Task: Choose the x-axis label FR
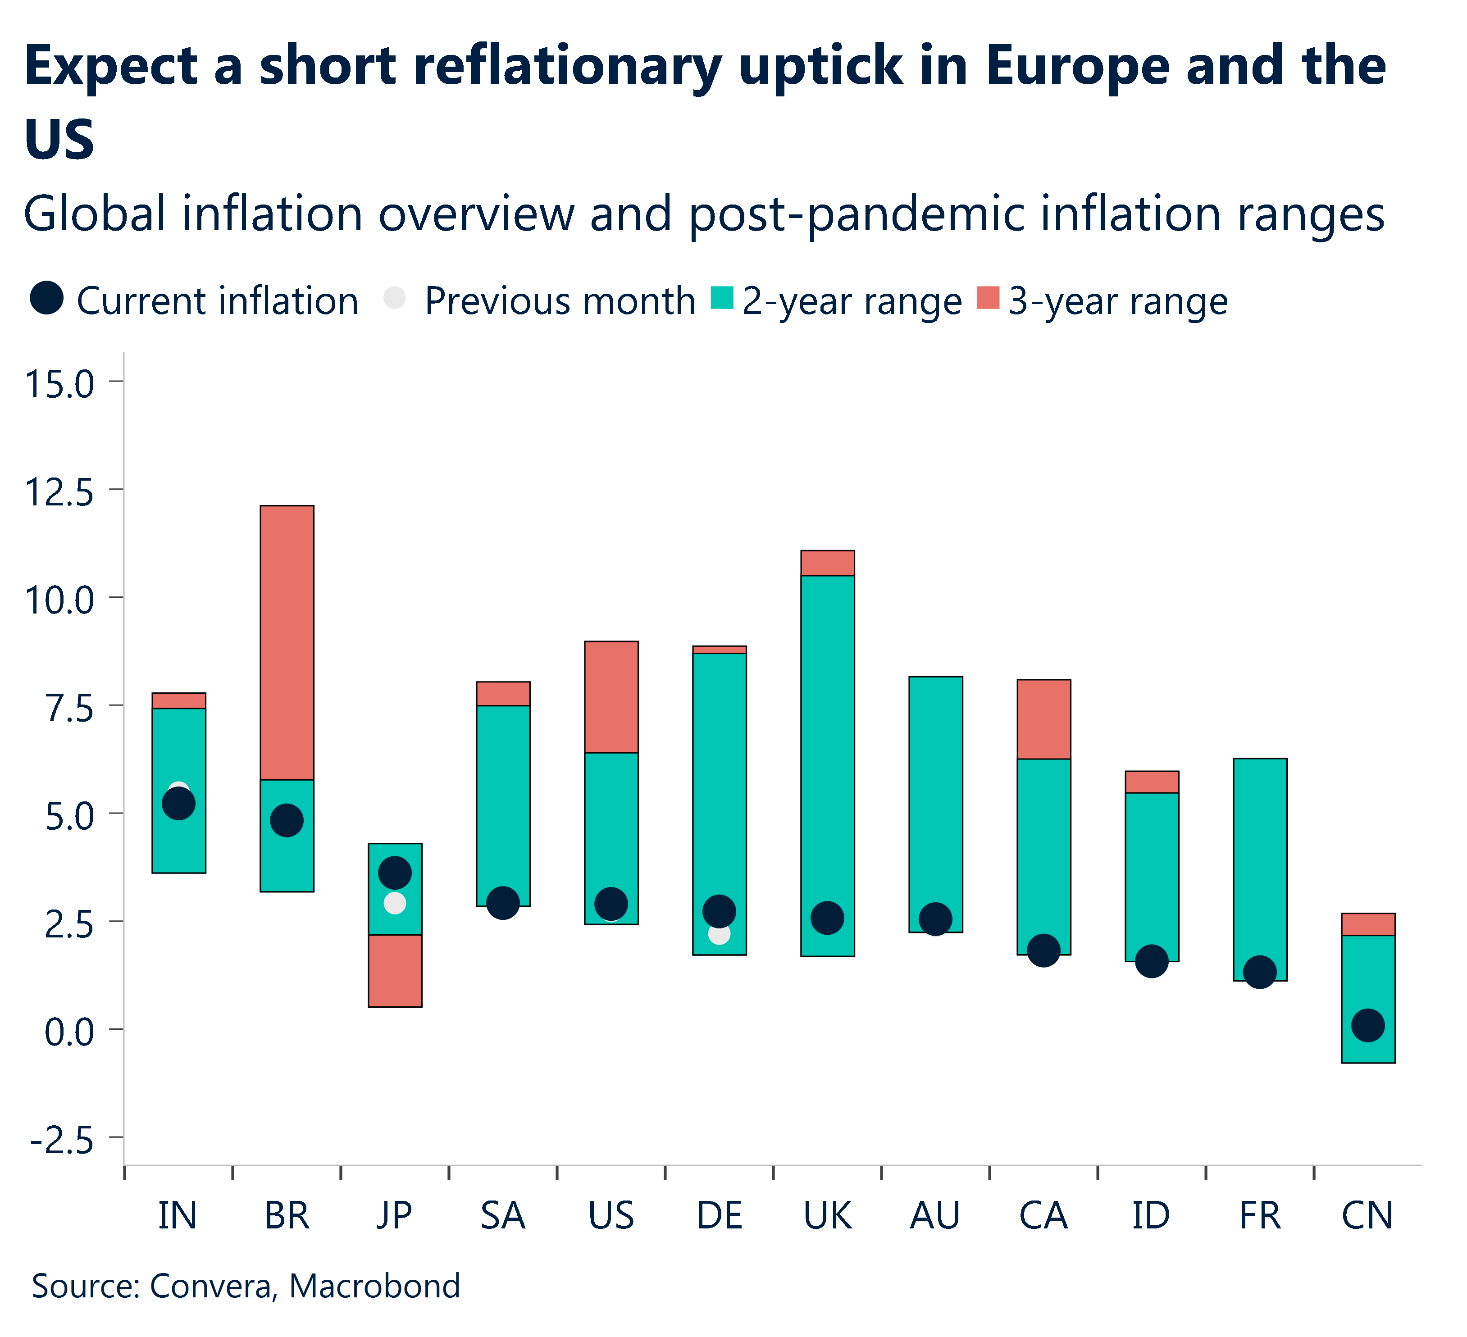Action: tap(1260, 1215)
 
